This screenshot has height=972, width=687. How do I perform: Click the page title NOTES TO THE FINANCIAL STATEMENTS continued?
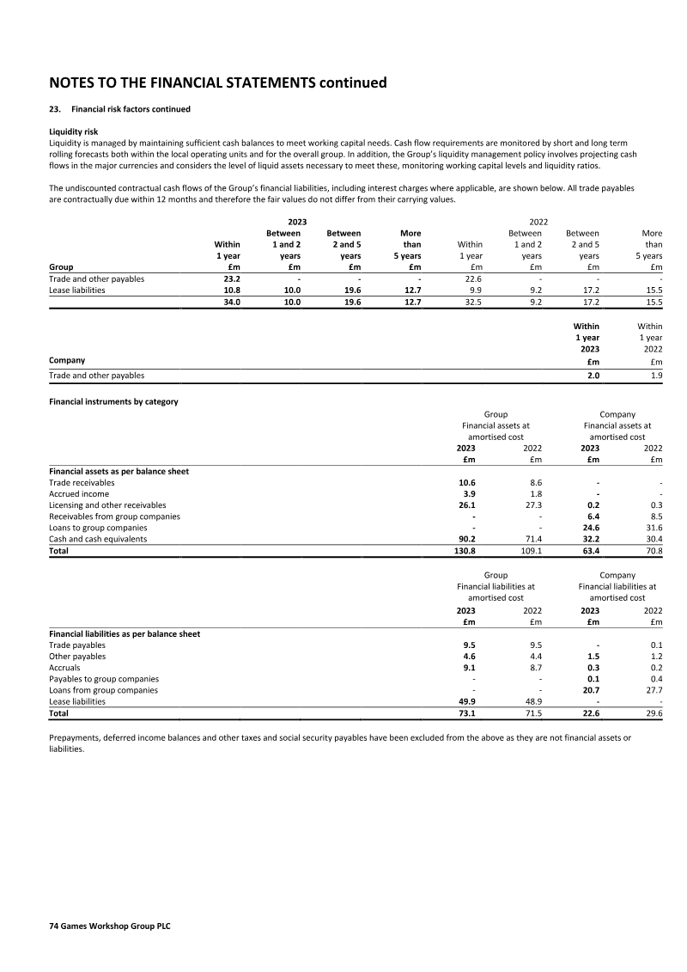218,83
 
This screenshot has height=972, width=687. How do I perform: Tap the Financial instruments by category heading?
113,402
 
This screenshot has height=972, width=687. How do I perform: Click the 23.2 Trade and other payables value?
232,278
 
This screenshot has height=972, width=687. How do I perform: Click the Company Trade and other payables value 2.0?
593,376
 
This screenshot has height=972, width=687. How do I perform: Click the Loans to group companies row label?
104,528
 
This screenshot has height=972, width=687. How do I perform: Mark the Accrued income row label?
79,494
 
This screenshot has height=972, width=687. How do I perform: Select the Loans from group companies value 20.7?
590,690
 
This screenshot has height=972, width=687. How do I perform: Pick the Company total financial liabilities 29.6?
653,713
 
